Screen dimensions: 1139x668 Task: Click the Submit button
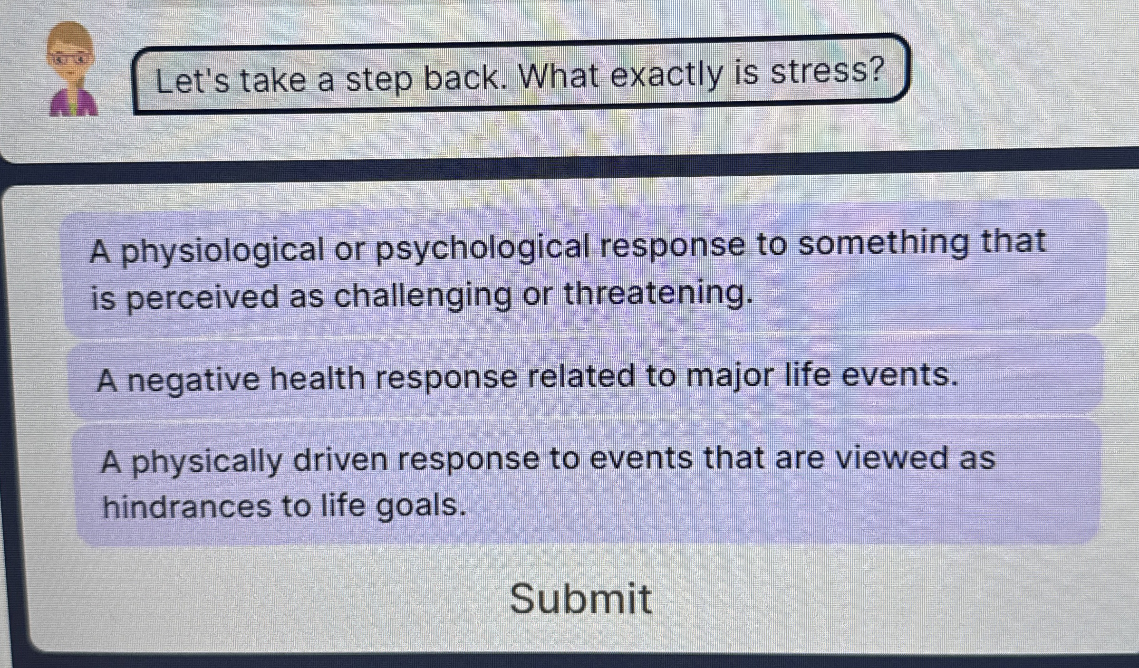pos(580,599)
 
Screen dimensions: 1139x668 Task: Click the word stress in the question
pos(827,72)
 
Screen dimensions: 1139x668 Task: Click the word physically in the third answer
pos(206,461)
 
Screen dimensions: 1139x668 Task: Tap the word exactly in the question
pos(666,75)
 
